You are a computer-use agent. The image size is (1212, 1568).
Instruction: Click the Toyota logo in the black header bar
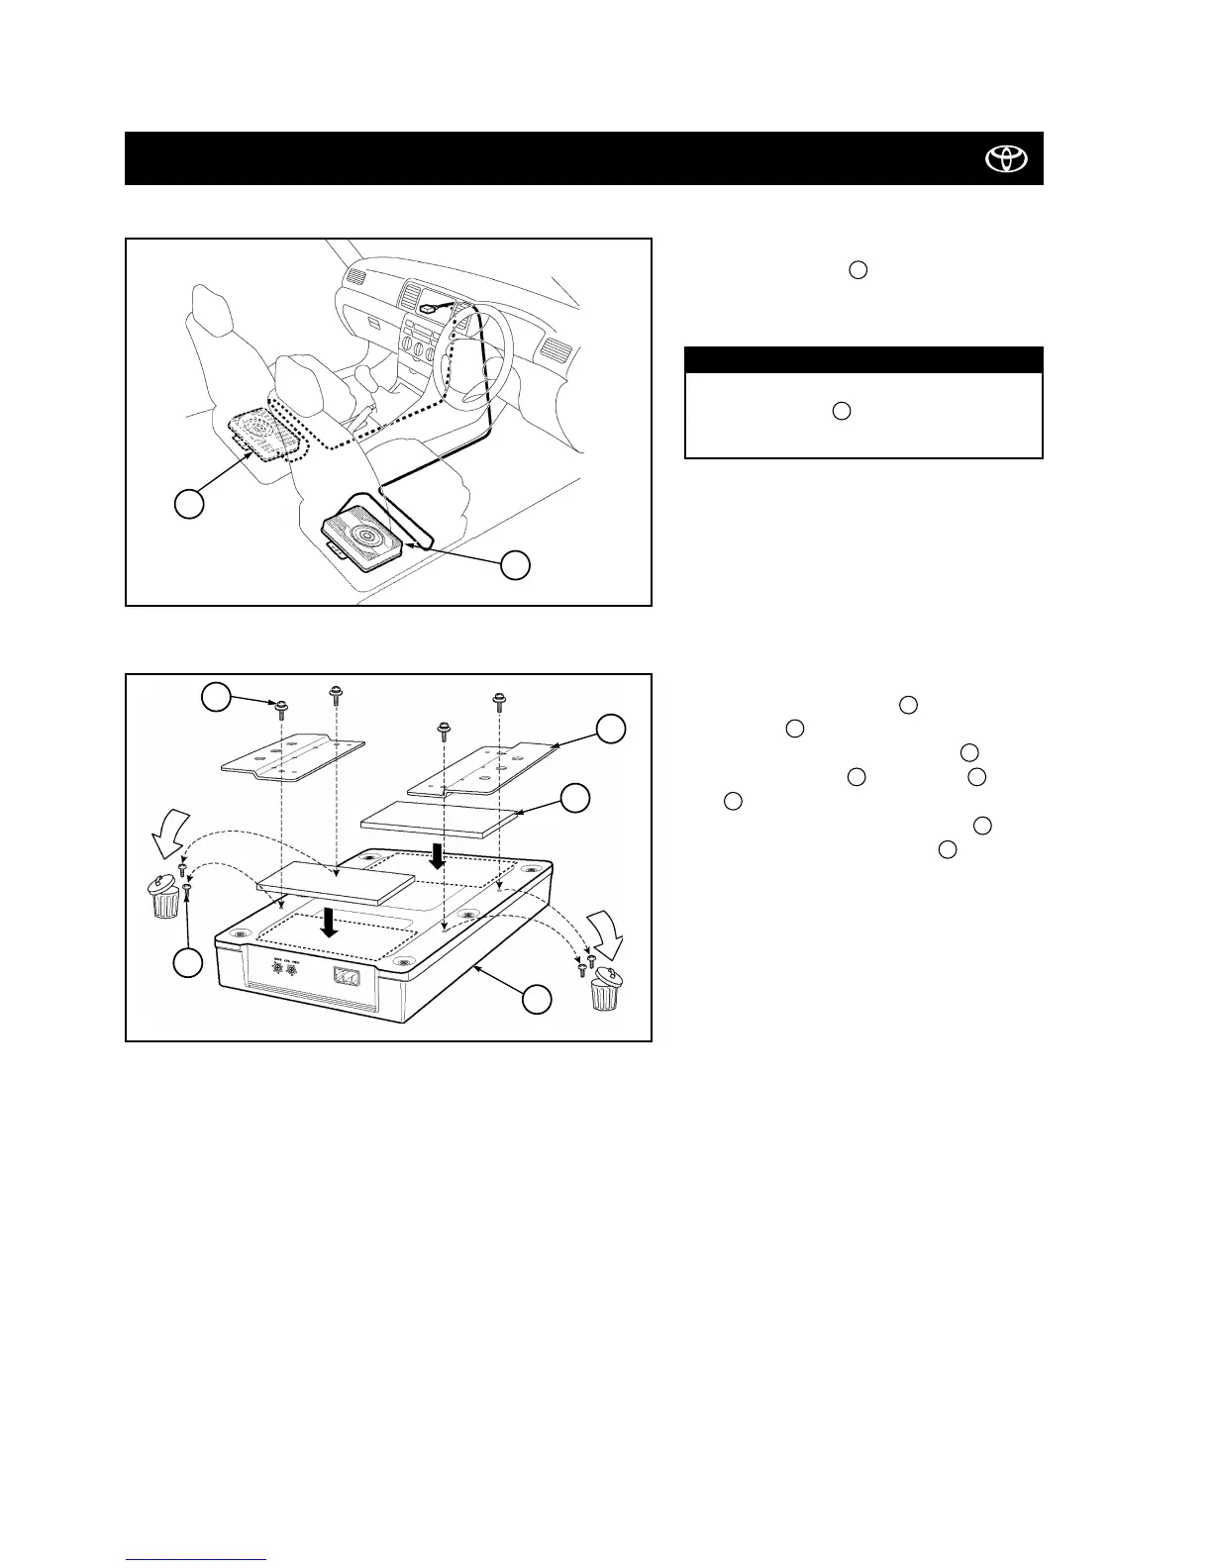pyautogui.click(x=1006, y=158)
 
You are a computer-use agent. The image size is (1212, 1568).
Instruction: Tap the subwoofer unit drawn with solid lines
pyautogui.click(x=362, y=539)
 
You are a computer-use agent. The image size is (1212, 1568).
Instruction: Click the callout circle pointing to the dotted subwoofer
pyautogui.click(x=189, y=503)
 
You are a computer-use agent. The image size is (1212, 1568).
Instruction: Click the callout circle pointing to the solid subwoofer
pyautogui.click(x=514, y=565)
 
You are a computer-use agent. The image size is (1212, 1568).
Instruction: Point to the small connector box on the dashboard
pyautogui.click(x=428, y=308)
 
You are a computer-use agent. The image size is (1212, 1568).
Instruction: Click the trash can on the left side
pyautogui.click(x=167, y=897)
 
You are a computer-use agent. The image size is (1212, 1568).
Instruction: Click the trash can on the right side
pyautogui.click(x=606, y=990)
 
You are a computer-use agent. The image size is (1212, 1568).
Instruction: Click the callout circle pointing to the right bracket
pyautogui.click(x=610, y=729)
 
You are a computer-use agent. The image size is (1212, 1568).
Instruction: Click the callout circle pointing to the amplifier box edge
pyautogui.click(x=537, y=999)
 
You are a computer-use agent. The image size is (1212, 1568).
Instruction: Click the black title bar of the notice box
pyautogui.click(x=863, y=359)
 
